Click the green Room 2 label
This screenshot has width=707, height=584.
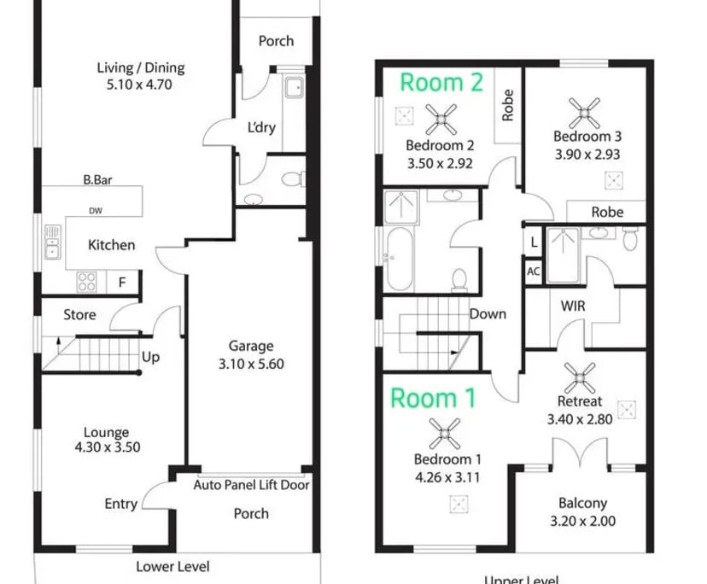point(441,82)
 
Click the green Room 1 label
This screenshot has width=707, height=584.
point(435,398)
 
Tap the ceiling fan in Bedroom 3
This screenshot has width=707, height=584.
point(587,109)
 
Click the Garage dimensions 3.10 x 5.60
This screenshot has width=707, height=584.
point(250,363)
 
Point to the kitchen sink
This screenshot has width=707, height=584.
point(53,242)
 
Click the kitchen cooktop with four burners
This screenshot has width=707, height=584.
point(87,281)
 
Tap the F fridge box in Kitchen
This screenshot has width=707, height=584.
point(122,281)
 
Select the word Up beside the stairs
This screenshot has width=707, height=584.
point(150,357)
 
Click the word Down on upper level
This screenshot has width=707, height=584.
point(488,313)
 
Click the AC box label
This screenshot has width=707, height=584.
point(534,271)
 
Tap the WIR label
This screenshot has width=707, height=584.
point(572,305)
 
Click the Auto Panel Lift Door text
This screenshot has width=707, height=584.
point(251,485)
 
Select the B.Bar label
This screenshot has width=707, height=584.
point(99,180)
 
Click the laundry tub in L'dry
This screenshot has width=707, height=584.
point(293,87)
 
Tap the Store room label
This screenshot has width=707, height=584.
point(79,314)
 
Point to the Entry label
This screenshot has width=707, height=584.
point(120,504)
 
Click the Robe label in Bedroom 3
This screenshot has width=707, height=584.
point(606,211)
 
